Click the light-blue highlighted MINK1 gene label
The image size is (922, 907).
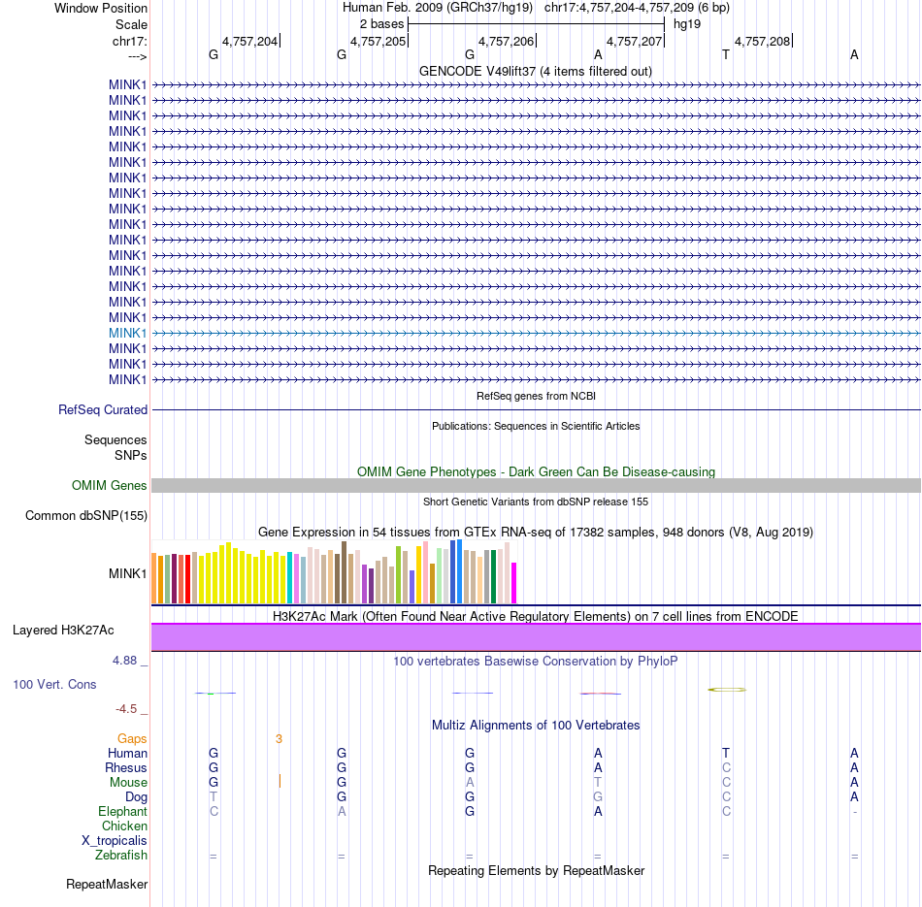point(128,333)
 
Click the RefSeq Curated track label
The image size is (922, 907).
point(103,409)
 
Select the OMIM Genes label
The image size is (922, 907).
point(110,485)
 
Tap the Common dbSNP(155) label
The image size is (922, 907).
point(86,515)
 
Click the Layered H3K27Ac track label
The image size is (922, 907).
point(63,630)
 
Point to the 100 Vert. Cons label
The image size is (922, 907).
point(54,684)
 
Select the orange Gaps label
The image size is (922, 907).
point(132,738)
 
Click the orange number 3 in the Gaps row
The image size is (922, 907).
point(279,738)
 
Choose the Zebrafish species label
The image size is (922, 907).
point(121,855)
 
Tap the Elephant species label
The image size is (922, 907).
point(122,811)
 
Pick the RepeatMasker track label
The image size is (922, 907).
point(107,884)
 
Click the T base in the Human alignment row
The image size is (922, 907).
point(726,753)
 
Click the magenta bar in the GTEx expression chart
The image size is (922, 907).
point(514,582)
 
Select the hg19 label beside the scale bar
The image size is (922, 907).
point(687,23)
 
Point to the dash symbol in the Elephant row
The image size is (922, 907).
point(854,811)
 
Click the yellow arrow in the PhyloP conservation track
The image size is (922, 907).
point(727,690)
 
